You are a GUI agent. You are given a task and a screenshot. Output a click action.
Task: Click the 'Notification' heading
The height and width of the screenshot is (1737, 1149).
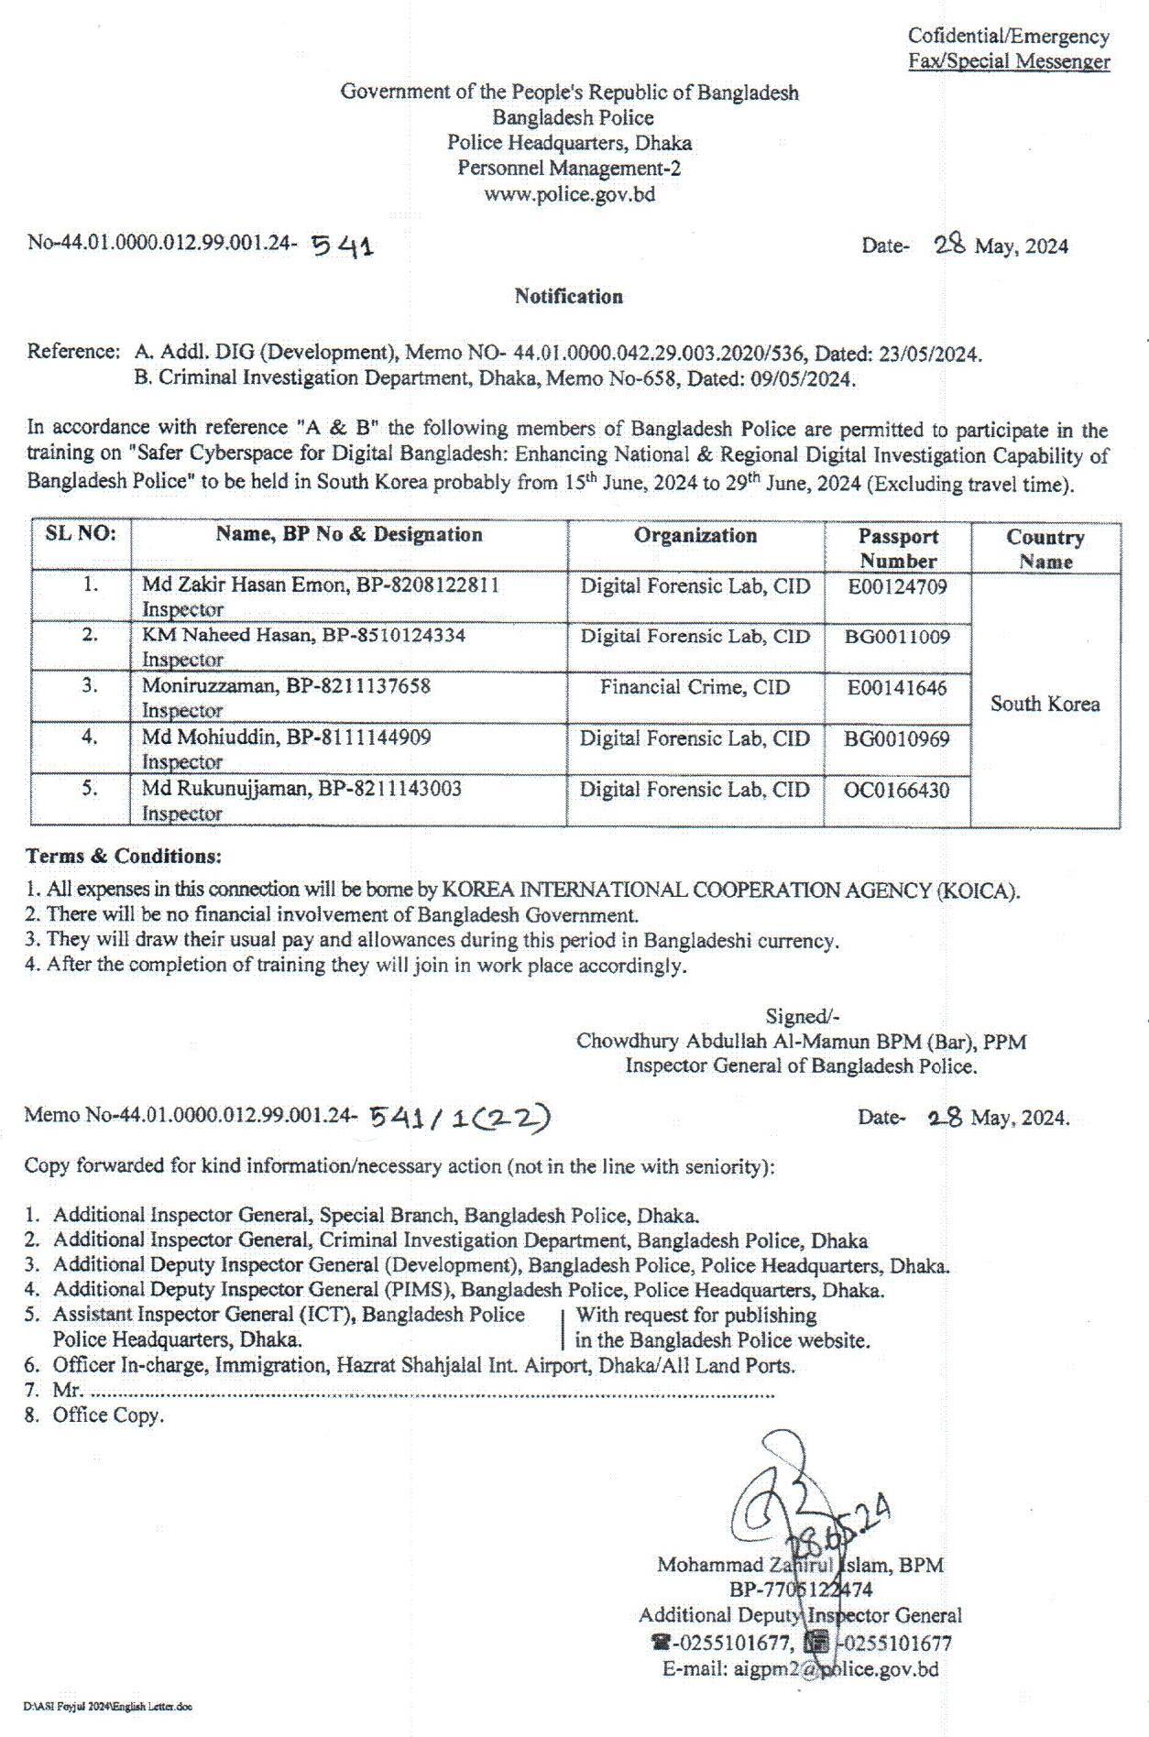(x=568, y=297)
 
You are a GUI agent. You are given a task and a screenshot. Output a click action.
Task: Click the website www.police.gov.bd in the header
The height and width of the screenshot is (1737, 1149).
(x=569, y=194)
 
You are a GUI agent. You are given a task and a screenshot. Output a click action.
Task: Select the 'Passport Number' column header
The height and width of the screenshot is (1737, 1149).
(x=898, y=549)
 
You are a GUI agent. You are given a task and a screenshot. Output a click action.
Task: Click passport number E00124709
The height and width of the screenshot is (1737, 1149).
(x=897, y=587)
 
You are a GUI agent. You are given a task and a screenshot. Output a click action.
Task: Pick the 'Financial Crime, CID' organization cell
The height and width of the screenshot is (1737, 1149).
(x=695, y=688)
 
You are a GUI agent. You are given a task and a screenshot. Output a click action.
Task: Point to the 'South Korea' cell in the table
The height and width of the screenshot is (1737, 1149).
(x=1045, y=705)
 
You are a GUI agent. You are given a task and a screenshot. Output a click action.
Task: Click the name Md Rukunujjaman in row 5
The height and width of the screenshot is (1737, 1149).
(x=225, y=790)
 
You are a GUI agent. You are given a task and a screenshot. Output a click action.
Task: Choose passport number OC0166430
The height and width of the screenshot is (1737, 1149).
(x=897, y=791)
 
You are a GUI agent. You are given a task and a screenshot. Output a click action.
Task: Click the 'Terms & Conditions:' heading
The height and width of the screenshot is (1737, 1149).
(x=124, y=857)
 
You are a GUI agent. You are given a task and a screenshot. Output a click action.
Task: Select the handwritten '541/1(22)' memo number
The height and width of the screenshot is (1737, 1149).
(x=459, y=1117)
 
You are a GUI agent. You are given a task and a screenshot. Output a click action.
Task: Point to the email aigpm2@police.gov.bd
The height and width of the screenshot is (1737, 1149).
(x=800, y=1669)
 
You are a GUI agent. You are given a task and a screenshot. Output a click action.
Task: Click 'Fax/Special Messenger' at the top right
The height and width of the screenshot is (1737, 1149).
(x=1009, y=62)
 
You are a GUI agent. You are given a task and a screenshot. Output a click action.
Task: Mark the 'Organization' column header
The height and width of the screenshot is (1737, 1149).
(x=695, y=536)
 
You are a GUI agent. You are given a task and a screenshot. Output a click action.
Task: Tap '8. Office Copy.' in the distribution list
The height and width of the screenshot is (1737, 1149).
(x=95, y=1415)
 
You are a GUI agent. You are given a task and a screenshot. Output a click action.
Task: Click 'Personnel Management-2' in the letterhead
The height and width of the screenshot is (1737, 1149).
(x=569, y=169)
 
